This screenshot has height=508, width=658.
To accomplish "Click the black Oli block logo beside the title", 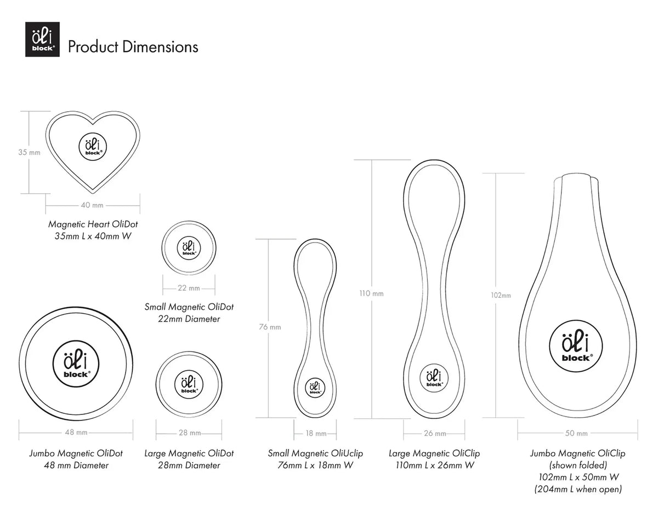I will pos(42,39).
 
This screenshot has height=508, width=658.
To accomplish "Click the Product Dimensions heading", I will pos(133,47).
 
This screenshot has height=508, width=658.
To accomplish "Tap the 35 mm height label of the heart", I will pos(30,153).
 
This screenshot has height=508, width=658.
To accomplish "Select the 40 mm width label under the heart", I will pos(92,205).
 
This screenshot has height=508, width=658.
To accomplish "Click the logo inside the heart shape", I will pos(93,147).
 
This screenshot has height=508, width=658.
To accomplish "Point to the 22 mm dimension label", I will pos(189,288).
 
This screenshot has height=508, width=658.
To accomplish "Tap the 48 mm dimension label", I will pos(76,432).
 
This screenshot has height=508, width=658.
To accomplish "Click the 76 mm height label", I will pos(270,327).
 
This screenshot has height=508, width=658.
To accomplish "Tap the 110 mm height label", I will pos(371,293).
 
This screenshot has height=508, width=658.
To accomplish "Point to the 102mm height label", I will pos(501,295).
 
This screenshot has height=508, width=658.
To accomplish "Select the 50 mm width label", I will pos(576,434).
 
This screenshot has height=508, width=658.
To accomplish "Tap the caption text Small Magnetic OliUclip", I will pos(315,453).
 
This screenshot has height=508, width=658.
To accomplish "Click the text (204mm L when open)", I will pos(578,489).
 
